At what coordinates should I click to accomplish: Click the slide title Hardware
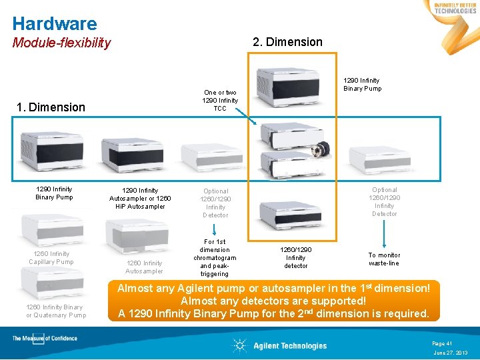[x=55, y=24]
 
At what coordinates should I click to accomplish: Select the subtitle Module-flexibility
[x=61, y=43]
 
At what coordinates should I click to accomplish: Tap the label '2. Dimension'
[x=287, y=42]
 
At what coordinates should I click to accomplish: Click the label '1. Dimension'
[x=51, y=107]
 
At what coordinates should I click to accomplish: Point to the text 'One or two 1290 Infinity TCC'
[x=220, y=101]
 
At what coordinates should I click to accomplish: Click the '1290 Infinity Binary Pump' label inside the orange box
[x=362, y=85]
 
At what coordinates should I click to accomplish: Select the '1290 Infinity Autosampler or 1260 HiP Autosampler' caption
[x=140, y=199]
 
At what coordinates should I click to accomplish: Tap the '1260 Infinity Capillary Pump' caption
[x=51, y=257]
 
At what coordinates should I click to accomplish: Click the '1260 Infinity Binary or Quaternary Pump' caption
[x=56, y=311]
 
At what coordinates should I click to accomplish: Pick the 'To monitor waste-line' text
[x=384, y=259]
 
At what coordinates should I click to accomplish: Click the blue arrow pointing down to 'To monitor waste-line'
[x=385, y=233]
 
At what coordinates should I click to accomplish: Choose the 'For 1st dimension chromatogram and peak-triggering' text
[x=215, y=258]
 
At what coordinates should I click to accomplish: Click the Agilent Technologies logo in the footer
[x=280, y=345]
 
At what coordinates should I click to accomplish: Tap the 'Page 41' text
[x=442, y=343]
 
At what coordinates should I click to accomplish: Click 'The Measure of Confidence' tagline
[x=45, y=339]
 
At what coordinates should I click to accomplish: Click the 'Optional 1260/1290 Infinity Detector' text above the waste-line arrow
[x=384, y=201]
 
